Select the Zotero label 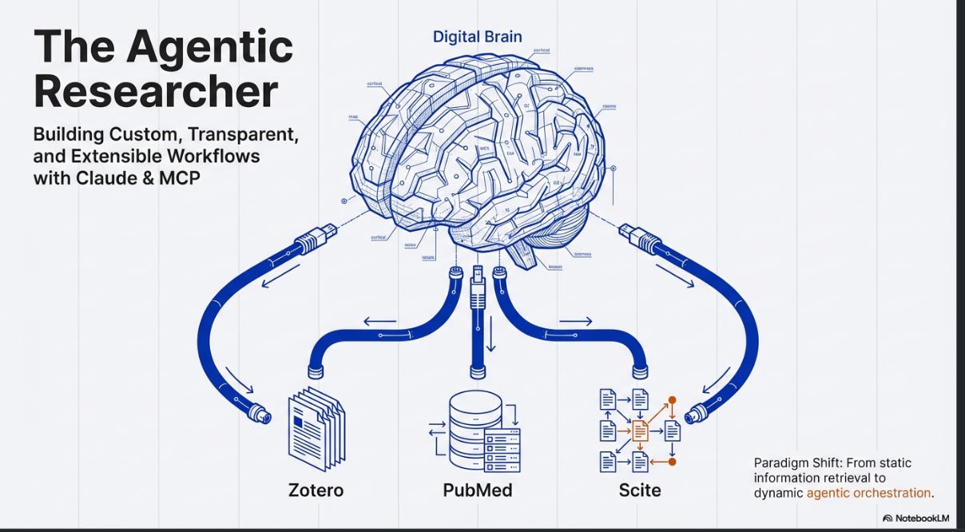pyautogui.click(x=316, y=489)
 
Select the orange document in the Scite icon pyautogui.click(x=640, y=431)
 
